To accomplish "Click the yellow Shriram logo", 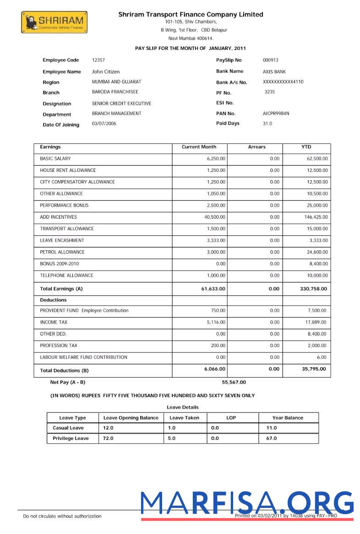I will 54,22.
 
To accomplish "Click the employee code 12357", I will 98,60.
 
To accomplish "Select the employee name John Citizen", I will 106,72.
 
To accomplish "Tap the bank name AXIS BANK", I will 274,72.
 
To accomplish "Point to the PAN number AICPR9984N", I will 276,113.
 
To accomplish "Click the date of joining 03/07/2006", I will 104,124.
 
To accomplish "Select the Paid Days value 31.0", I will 267,124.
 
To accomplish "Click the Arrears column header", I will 256,147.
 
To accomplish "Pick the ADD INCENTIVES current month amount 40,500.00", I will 215,217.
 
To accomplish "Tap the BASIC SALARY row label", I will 55,159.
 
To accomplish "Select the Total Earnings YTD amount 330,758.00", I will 313,289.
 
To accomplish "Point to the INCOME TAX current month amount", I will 216,323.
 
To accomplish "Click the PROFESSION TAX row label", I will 59,346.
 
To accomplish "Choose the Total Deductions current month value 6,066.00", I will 214,369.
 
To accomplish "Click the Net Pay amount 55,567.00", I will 234,382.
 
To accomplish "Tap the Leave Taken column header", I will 184,418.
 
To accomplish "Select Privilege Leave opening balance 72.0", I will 108,438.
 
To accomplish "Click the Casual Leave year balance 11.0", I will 272,428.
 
